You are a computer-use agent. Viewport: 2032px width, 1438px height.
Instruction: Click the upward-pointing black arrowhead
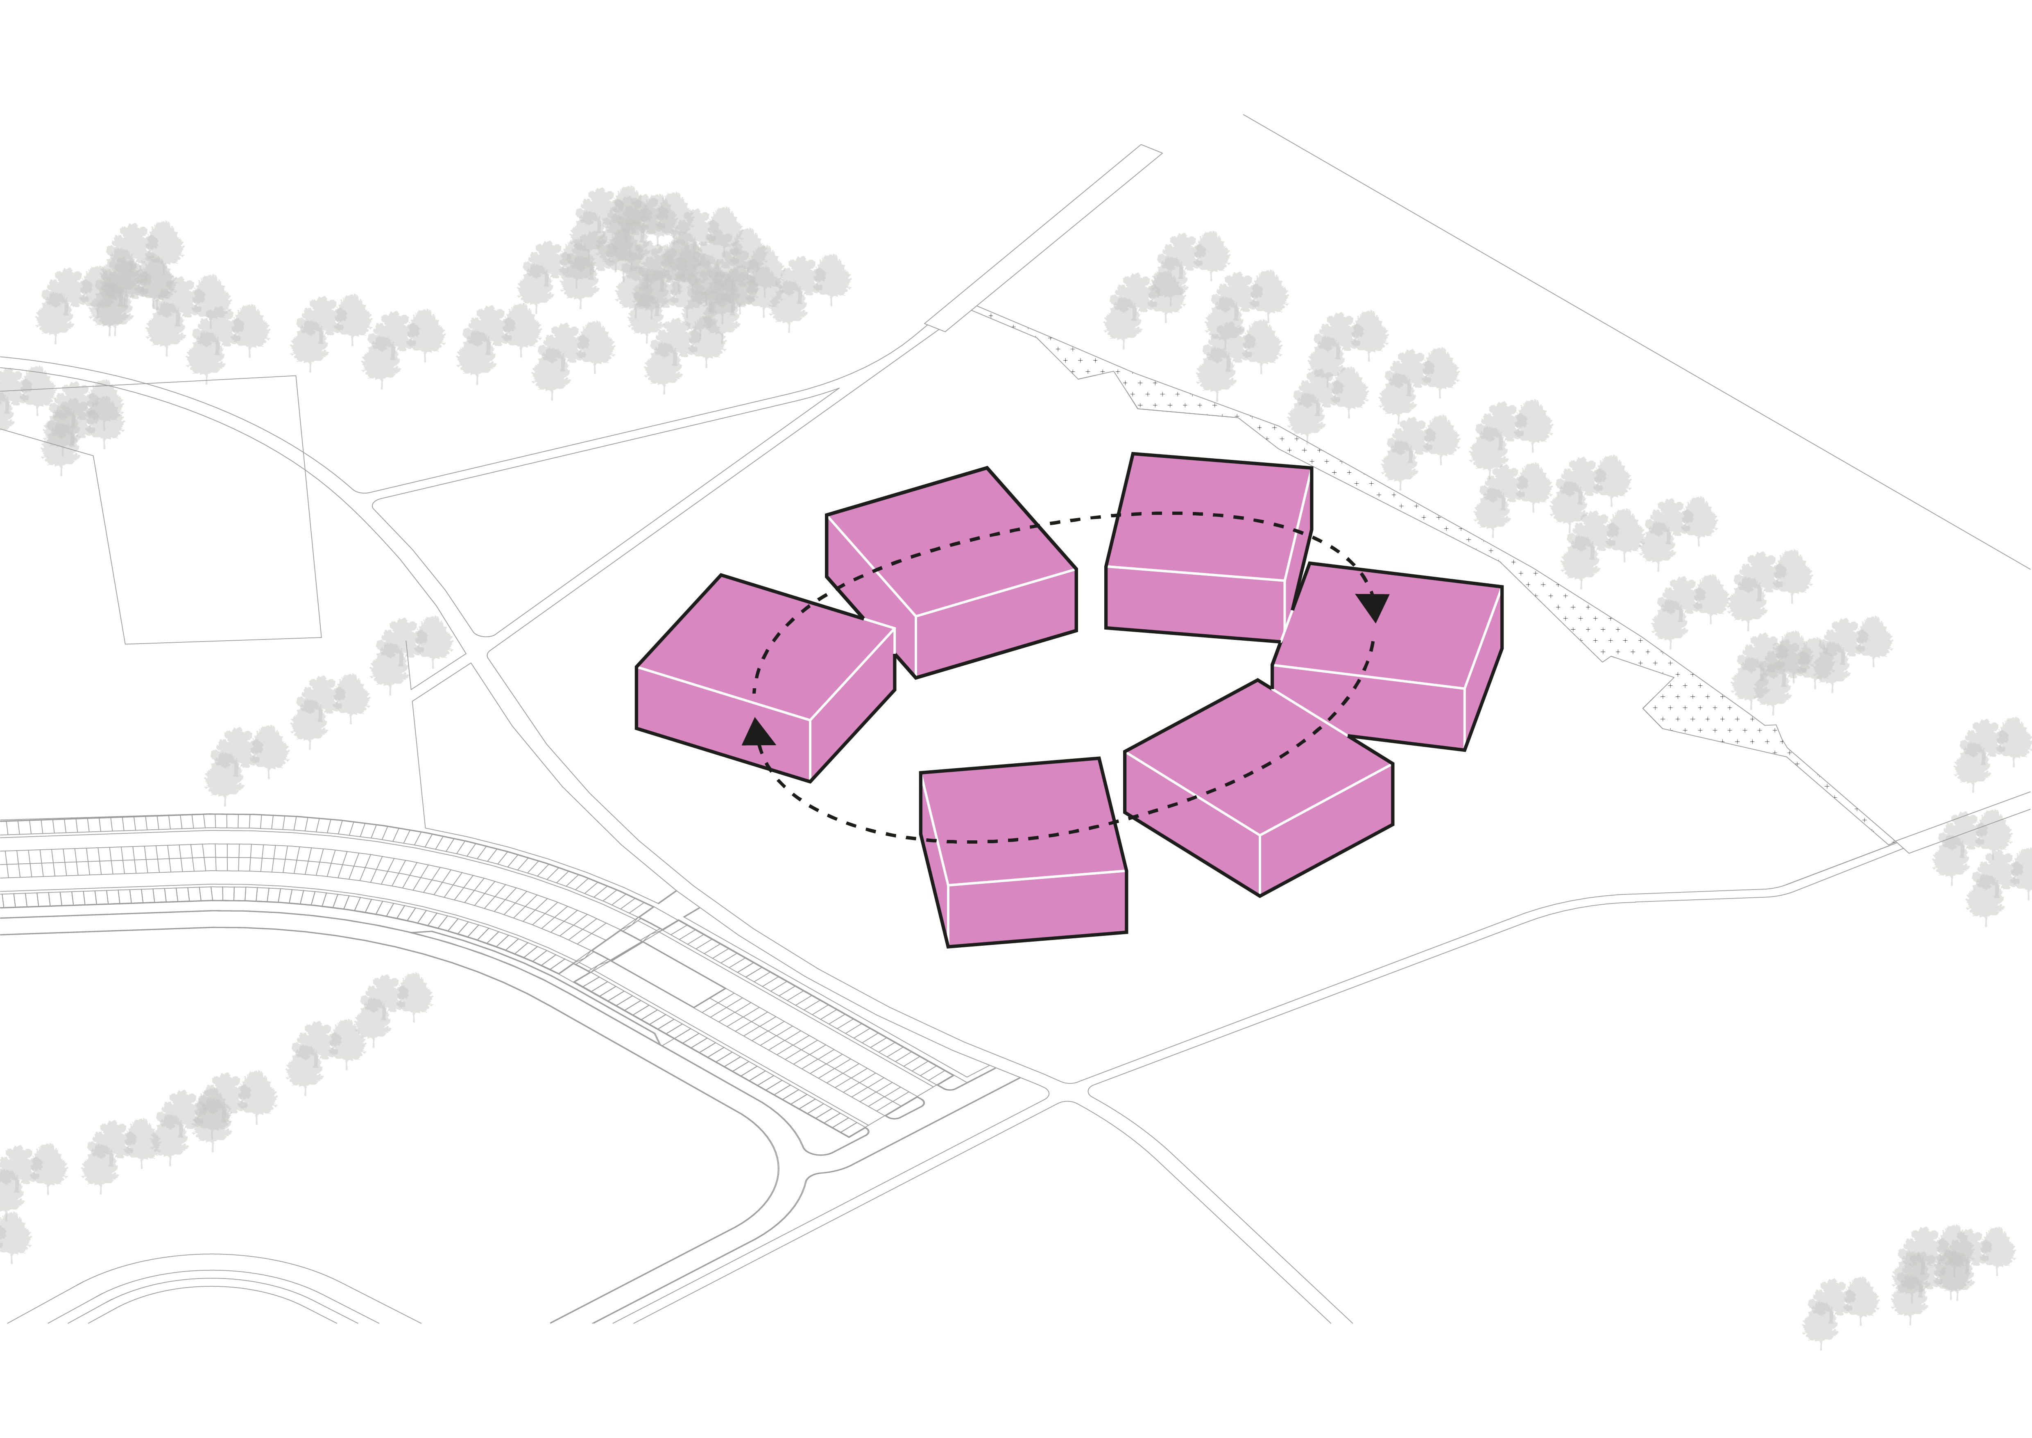759,733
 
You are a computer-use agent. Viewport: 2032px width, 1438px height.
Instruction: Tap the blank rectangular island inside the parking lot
659,974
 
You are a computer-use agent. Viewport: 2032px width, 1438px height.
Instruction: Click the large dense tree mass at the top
673,257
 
